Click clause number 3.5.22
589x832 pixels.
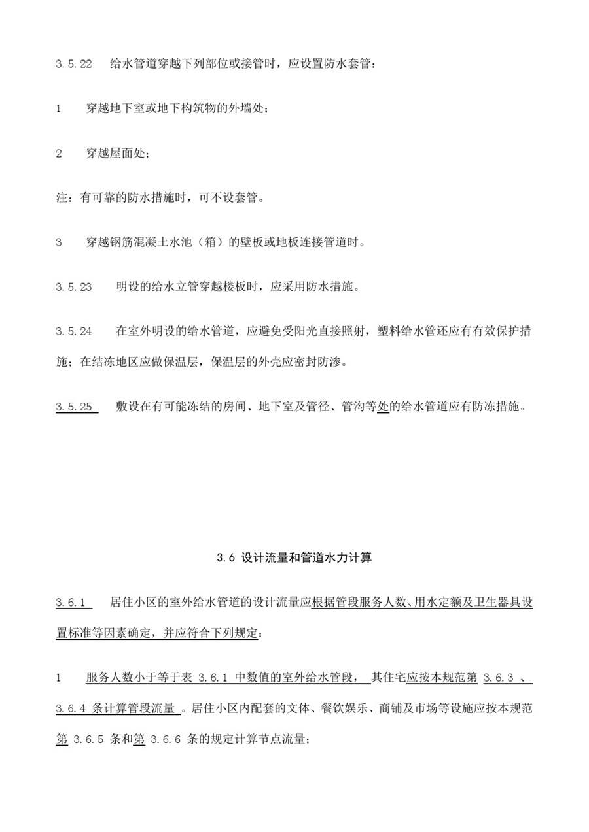pyautogui.click(x=73, y=65)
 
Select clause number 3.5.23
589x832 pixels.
pyautogui.click(x=73, y=287)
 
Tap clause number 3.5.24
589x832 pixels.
pyautogui.click(x=73, y=331)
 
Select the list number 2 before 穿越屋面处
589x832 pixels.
pyautogui.click(x=59, y=154)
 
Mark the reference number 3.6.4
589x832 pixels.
pyautogui.click(x=72, y=708)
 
